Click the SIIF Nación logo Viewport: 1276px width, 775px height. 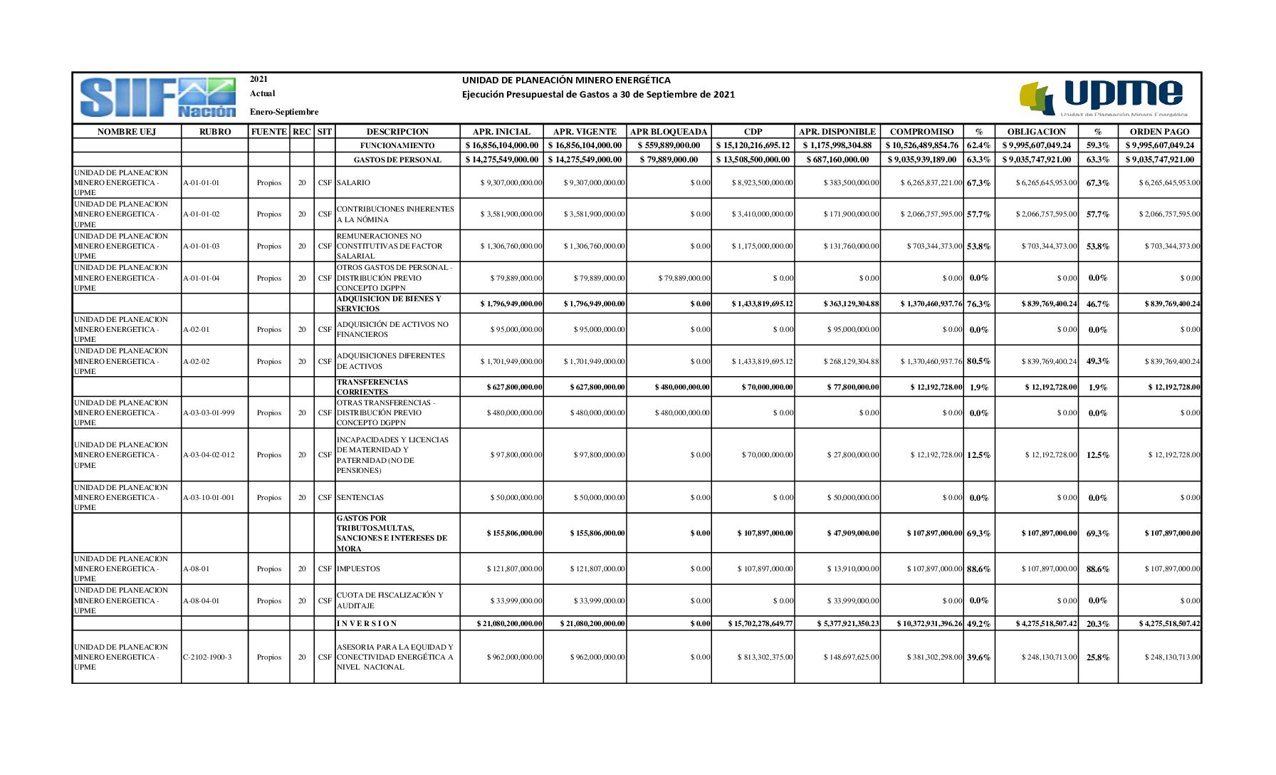(x=157, y=98)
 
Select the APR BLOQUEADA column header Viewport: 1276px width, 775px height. (x=669, y=132)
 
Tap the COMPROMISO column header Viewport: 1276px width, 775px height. (x=921, y=132)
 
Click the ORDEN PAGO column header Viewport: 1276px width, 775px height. (x=1159, y=132)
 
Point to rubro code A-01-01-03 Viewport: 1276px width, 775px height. (x=202, y=246)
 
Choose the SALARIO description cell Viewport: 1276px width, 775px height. (x=354, y=183)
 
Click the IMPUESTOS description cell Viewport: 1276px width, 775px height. (x=359, y=569)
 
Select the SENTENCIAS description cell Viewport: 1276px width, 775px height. (x=360, y=498)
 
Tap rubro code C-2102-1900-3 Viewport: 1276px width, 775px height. (x=207, y=657)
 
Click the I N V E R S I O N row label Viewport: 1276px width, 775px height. (x=367, y=624)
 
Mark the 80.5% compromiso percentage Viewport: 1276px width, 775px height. (x=978, y=361)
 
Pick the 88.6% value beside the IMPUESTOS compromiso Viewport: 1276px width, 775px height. (x=978, y=569)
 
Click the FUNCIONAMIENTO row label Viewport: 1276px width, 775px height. (x=397, y=145)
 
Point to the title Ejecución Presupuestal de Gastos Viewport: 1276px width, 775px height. (x=598, y=95)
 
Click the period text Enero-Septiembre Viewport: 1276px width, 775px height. (x=284, y=112)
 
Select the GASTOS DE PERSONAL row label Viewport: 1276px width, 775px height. (x=397, y=160)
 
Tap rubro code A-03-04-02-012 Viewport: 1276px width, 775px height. (x=213, y=455)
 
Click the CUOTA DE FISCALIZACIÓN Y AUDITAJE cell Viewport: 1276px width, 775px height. (x=390, y=600)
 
